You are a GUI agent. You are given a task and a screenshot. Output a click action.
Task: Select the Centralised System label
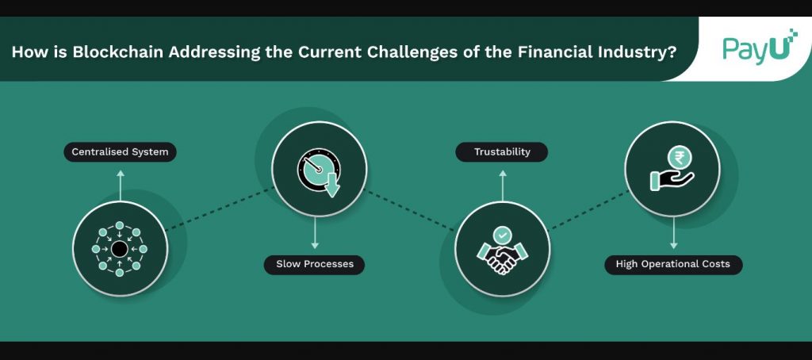(121, 151)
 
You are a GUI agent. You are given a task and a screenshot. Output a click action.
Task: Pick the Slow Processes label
(314, 264)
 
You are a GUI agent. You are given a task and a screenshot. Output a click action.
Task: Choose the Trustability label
(502, 151)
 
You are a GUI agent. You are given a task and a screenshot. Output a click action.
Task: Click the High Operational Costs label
(673, 264)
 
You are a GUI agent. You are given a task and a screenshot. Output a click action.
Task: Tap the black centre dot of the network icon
(120, 249)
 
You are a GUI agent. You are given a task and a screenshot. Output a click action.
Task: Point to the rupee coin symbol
(679, 157)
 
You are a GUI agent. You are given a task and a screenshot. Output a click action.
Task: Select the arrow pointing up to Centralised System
(121, 186)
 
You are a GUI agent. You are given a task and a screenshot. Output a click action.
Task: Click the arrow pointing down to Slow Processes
(314, 232)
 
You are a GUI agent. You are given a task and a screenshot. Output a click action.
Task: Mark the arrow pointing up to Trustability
(502, 186)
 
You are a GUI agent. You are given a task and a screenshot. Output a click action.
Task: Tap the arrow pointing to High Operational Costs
(673, 232)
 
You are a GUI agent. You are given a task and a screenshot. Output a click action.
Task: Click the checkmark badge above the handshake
(502, 236)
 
